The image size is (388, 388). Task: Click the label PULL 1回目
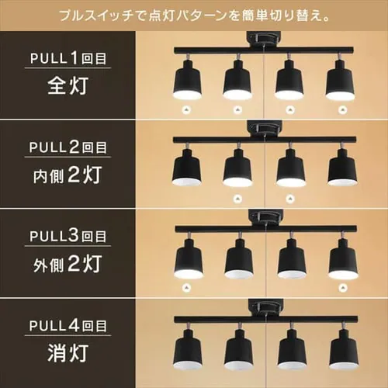[68, 58]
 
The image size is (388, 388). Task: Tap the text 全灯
[68, 85]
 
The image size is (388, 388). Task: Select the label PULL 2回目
[68, 147]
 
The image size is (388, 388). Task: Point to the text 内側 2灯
[68, 175]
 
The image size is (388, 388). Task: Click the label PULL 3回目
[68, 236]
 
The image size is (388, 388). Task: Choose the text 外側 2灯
[68, 264]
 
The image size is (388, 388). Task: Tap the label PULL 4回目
[68, 325]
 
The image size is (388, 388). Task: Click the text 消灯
[68, 353]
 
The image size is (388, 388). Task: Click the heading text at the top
[194, 16]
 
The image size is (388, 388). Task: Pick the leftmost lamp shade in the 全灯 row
[187, 80]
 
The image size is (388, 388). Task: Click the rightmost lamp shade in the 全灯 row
[340, 80]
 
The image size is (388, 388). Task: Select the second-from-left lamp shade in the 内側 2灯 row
[237, 168]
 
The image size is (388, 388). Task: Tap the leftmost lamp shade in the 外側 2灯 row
[189, 258]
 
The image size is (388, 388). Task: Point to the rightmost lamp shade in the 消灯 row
[344, 349]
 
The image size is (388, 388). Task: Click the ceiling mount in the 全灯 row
[264, 40]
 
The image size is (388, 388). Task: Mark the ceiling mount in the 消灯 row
[265, 308]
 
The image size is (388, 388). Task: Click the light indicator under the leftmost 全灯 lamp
[186, 110]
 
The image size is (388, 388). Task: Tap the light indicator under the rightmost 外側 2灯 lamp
[343, 287]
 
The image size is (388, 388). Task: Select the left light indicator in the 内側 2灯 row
[237, 199]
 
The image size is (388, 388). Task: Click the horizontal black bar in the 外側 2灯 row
[266, 229]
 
